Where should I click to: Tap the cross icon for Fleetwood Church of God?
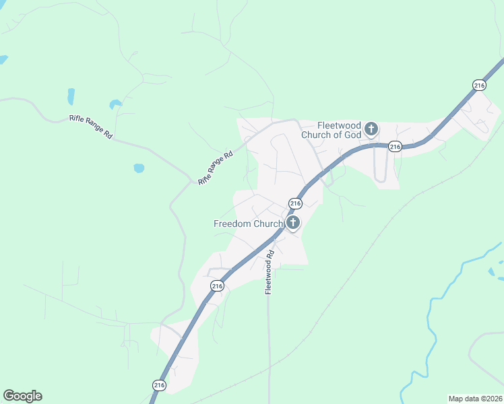(x=370, y=129)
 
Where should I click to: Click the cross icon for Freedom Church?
(x=293, y=223)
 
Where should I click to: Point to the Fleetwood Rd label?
(x=269, y=272)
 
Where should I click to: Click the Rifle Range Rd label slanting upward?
(x=215, y=168)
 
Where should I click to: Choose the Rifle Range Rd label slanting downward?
(x=90, y=126)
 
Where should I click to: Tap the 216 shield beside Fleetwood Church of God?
(x=395, y=146)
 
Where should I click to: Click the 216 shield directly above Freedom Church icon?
(x=294, y=203)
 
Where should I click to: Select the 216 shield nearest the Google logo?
(x=158, y=384)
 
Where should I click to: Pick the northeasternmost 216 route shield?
(x=479, y=85)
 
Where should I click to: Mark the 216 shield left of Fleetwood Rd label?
(x=216, y=286)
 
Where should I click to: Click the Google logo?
(x=22, y=396)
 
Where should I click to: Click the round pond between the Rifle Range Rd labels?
(x=139, y=168)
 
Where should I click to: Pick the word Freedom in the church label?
(x=232, y=224)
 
